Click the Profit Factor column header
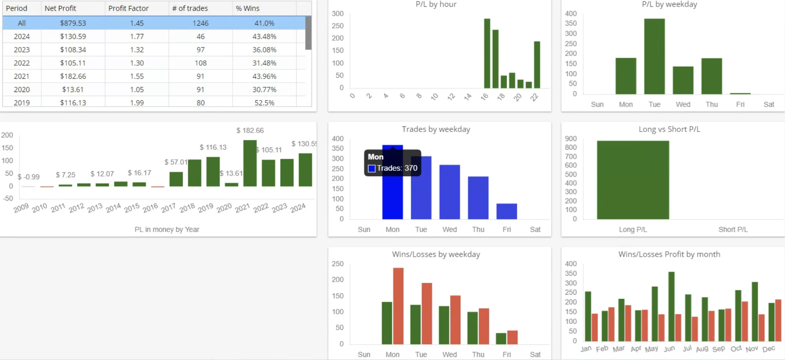128,8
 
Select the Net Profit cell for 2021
73,76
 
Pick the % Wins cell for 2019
264,103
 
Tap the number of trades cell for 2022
201,63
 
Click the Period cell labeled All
22,23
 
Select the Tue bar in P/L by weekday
654,57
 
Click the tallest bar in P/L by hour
487,53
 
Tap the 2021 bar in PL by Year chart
250,163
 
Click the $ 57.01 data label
176,162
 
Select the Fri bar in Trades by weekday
506,211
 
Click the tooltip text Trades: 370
397,168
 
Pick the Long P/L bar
633,180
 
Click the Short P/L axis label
733,229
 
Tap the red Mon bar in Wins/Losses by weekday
398,306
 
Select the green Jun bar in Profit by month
671,306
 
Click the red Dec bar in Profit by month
778,320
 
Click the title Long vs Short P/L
669,129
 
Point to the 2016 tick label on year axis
150,208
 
